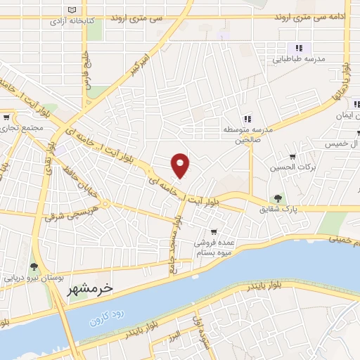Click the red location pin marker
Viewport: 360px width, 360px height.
point(180,165)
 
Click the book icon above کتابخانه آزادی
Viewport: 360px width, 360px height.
point(72,10)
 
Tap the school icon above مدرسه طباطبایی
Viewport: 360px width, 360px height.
point(298,48)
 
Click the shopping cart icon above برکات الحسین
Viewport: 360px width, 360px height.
point(292,156)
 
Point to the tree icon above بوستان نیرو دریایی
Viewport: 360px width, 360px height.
point(33,266)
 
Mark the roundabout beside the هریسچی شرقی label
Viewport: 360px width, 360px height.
point(103,205)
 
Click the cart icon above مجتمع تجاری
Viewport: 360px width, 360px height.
point(6,117)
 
